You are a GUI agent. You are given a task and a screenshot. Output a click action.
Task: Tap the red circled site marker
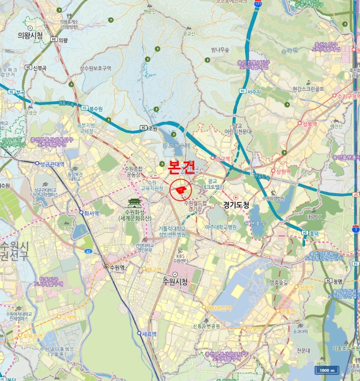pyautogui.click(x=180, y=190)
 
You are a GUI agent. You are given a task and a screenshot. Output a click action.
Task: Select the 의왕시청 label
pyautogui.click(x=30, y=35)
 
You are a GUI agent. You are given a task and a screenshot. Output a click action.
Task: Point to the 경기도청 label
pyautogui.click(x=236, y=205)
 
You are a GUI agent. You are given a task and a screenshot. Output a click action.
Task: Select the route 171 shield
pyautogui.click(x=258, y=4)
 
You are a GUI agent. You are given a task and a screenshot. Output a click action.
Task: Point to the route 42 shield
pyautogui.click(x=88, y=251)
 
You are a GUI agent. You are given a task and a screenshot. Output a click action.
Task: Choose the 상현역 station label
pyautogui.click(x=282, y=171)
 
